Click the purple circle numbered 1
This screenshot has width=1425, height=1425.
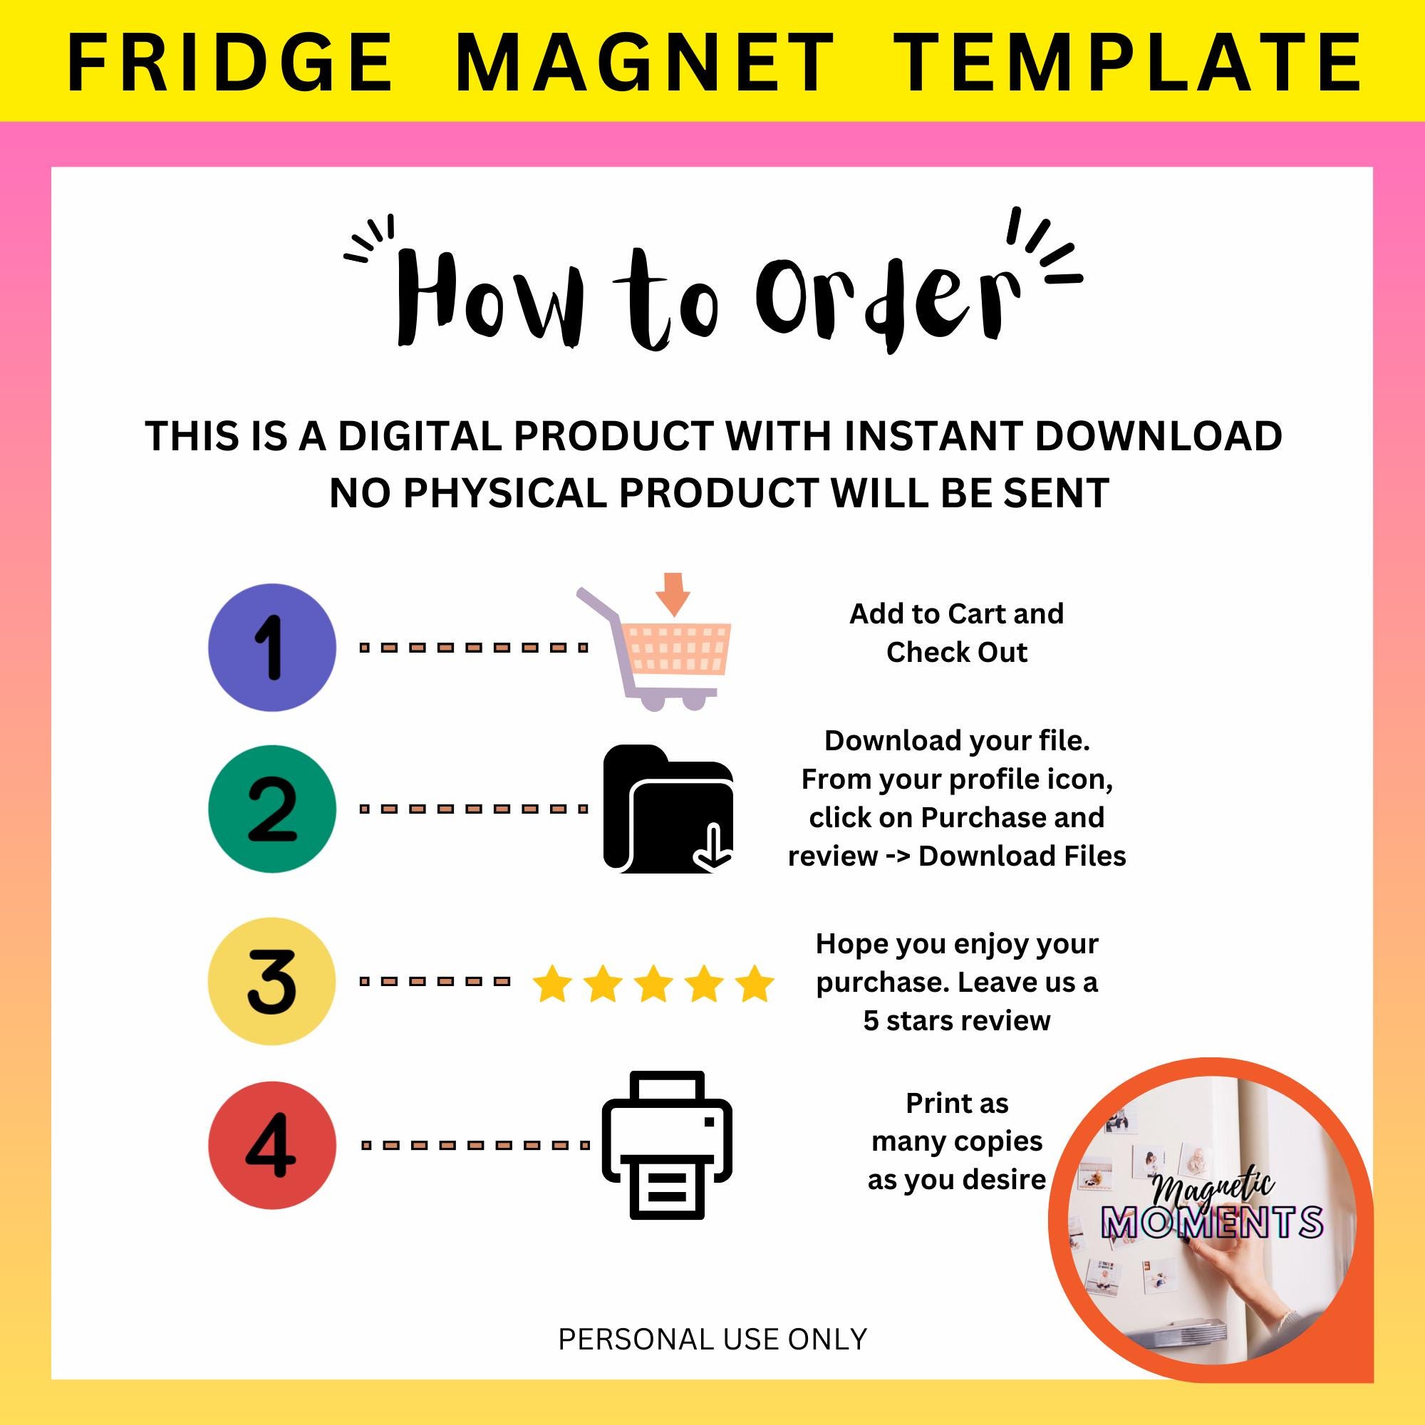point(272,647)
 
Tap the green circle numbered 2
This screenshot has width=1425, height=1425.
point(272,809)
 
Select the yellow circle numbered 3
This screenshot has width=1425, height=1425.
point(272,981)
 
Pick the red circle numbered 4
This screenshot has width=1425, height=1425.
point(272,1146)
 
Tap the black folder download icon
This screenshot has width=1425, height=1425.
point(668,809)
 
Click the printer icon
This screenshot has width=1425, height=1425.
point(668,1146)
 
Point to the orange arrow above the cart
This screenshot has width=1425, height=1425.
point(673,594)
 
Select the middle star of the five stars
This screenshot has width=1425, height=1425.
point(653,983)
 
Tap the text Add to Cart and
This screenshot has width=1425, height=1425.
point(957,613)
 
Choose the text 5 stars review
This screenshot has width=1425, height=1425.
point(957,1020)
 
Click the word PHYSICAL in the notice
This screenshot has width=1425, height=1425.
point(505,494)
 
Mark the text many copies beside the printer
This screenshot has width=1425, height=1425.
point(957,1141)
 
